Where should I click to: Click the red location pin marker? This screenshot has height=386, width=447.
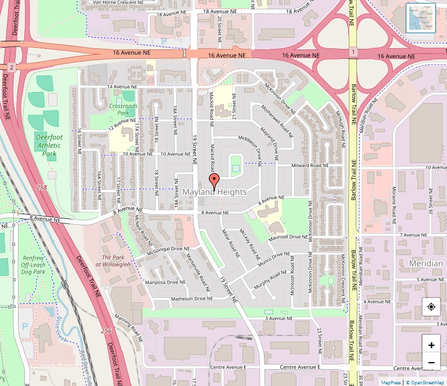point(214,181)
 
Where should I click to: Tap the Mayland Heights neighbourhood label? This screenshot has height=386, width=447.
point(214,192)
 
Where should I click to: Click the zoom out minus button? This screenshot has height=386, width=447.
point(431,363)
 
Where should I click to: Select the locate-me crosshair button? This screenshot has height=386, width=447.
point(431,307)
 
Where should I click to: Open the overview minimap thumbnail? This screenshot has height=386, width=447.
point(421,18)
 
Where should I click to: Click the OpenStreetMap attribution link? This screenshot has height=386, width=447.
point(427,383)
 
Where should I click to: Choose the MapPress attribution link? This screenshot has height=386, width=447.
point(391,383)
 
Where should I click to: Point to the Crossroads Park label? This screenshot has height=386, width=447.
point(123,110)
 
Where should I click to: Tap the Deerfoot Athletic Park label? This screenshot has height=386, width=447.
point(49,145)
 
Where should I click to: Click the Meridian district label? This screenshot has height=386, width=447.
point(425,263)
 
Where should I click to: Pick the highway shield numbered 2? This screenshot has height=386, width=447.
point(10,68)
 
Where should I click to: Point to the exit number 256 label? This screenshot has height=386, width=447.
point(106,331)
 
